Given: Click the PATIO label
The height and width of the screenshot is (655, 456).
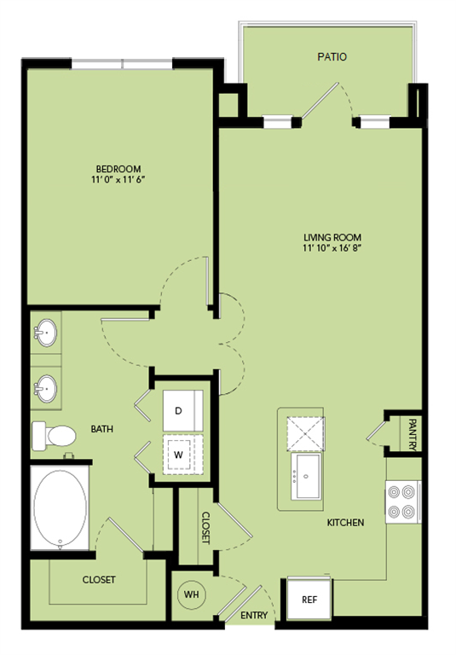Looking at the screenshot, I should point(332,58).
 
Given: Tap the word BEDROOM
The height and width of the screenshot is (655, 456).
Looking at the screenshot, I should point(118,169).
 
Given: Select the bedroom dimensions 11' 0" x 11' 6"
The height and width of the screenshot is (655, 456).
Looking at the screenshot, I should point(118,181).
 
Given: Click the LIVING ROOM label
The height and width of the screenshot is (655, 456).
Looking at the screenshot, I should point(332,237).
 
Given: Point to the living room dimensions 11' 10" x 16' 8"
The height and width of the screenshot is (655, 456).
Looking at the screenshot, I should point(332,249).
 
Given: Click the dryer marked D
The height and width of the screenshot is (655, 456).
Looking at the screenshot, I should point(182,410).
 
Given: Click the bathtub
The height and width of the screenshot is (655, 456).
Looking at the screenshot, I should point(60,508).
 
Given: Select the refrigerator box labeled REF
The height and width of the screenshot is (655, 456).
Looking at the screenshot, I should point(309,600).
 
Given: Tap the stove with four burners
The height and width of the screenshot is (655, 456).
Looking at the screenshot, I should point(403,501).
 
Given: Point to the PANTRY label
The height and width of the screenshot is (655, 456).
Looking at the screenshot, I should point(412,432).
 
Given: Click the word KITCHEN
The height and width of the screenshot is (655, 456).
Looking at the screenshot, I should point(345,522).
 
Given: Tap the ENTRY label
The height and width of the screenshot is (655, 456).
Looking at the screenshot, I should point(253,616).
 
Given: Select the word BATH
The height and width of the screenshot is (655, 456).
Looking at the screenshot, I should point(102,429).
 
